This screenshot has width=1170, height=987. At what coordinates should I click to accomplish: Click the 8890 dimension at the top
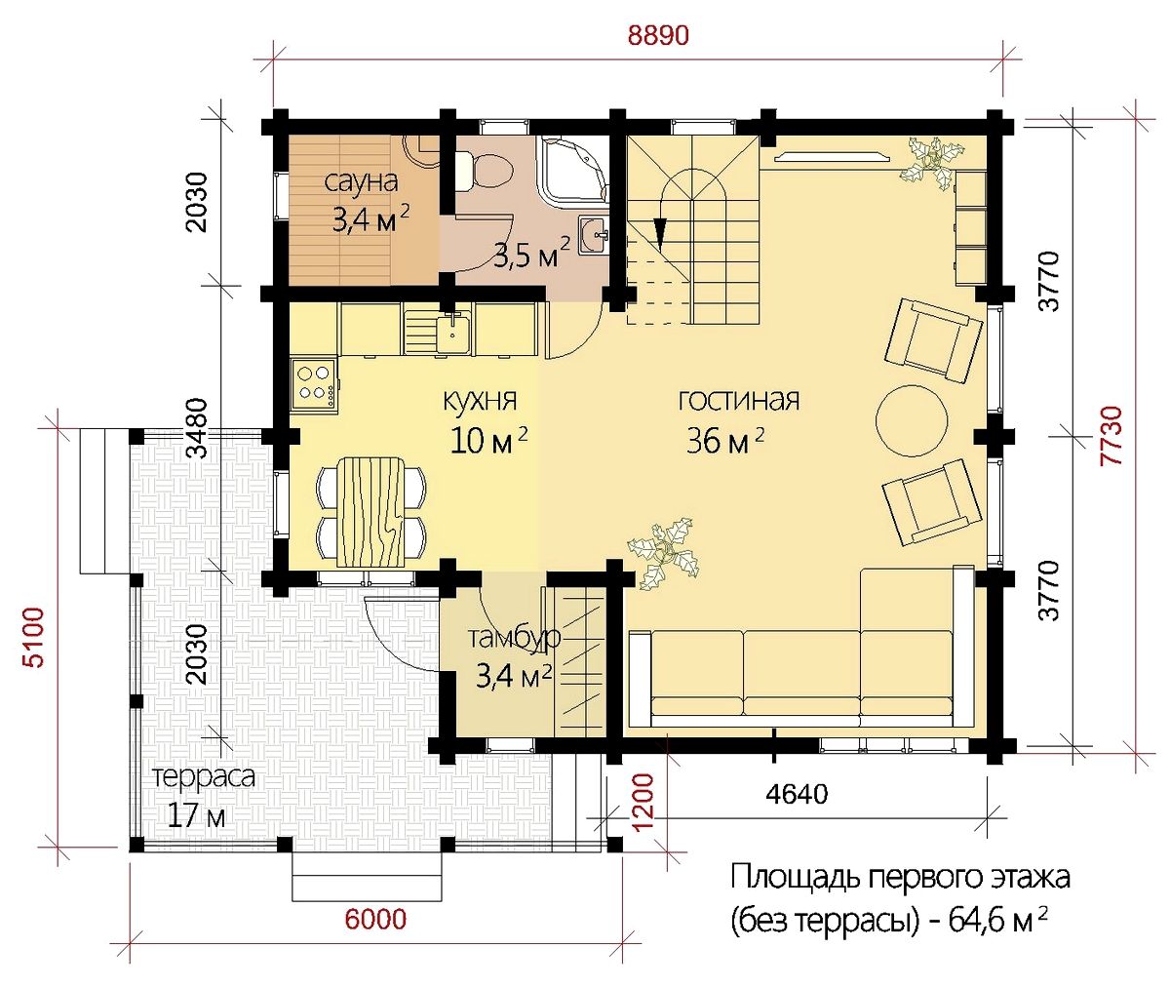pyautogui.click(x=658, y=36)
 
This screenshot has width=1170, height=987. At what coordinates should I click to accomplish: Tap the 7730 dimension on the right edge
pyautogui.click(x=1111, y=436)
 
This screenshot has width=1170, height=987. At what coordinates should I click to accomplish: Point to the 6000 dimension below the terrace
pyautogui.click(x=375, y=920)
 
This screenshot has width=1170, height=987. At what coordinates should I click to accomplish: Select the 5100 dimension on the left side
pyautogui.click(x=34, y=637)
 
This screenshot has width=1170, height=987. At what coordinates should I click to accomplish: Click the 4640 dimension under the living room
pyautogui.click(x=797, y=794)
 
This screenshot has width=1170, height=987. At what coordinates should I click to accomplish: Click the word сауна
pyautogui.click(x=362, y=182)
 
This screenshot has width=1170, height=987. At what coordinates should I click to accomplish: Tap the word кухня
pyautogui.click(x=481, y=401)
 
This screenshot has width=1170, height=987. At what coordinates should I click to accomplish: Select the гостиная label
pyautogui.click(x=738, y=401)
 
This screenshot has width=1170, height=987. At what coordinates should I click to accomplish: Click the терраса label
pyautogui.click(x=204, y=777)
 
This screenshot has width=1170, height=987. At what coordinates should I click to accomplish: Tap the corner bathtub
pyautogui.click(x=571, y=168)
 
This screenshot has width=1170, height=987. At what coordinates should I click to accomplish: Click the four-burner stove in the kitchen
pyautogui.click(x=314, y=383)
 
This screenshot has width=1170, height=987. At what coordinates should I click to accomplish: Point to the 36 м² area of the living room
pyautogui.click(x=724, y=442)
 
